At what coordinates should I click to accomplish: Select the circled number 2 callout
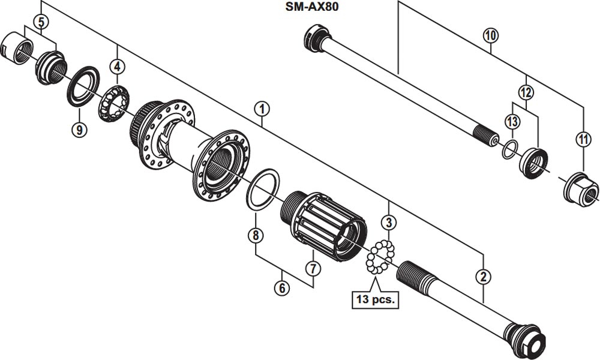(x=483, y=277)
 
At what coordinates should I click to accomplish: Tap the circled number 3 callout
(x=389, y=223)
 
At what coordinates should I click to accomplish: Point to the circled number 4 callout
(x=117, y=65)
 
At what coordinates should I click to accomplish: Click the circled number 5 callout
(x=40, y=22)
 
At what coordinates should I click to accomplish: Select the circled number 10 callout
(x=490, y=35)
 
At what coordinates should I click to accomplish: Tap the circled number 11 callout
(x=584, y=140)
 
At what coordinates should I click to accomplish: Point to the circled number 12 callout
(x=526, y=93)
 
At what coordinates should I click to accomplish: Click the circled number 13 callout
(x=511, y=122)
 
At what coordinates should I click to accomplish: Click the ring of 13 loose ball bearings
(x=379, y=259)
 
